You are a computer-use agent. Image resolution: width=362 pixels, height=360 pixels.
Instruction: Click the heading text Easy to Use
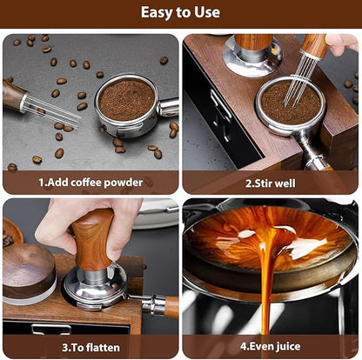(x=180, y=13)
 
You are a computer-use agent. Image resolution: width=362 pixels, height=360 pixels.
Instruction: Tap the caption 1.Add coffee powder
(x=90, y=183)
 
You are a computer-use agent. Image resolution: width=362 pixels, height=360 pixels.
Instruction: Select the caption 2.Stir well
(x=270, y=183)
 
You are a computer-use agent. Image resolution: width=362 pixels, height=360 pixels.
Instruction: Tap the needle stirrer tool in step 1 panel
(x=39, y=103)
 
